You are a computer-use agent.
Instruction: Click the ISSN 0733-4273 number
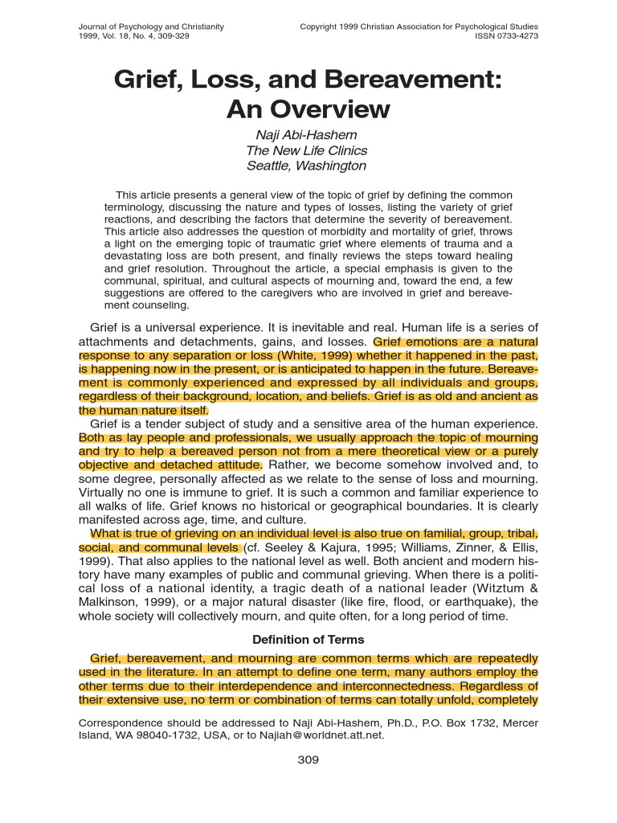pos(507,36)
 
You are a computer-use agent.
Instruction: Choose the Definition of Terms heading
pos(308,640)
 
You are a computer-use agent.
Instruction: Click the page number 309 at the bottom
pos(308,760)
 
